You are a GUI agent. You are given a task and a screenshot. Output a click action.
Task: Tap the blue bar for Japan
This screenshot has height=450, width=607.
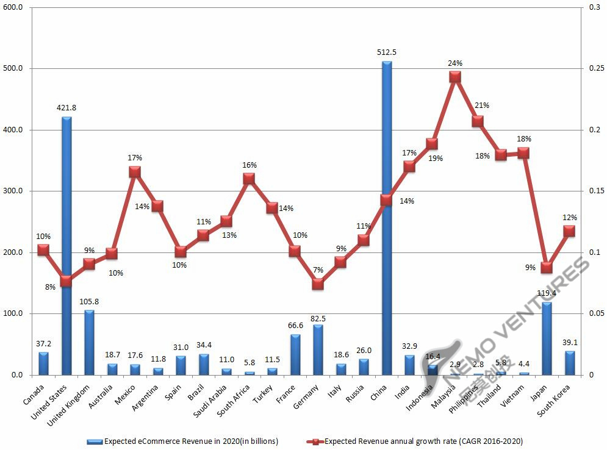click(547, 338)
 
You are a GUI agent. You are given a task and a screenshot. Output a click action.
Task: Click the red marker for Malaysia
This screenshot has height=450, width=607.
click(454, 77)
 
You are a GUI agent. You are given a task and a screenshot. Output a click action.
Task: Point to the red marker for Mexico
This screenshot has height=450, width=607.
click(135, 172)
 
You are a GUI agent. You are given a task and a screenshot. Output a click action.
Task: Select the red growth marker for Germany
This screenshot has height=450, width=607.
click(317, 284)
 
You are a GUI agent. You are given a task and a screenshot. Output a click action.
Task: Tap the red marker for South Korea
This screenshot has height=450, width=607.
click(569, 230)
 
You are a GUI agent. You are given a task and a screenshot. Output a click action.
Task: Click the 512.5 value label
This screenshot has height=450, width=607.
click(387, 52)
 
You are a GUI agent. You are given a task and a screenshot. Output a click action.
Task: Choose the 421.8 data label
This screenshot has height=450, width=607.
click(66, 108)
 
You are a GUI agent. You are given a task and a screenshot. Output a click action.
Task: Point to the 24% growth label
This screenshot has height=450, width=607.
click(455, 63)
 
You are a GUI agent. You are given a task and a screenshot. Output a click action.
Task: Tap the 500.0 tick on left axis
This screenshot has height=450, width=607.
click(13, 68)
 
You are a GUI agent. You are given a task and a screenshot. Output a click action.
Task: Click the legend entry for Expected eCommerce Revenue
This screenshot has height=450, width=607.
click(183, 440)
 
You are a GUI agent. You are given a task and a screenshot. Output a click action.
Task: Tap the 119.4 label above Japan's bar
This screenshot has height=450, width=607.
click(547, 293)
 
